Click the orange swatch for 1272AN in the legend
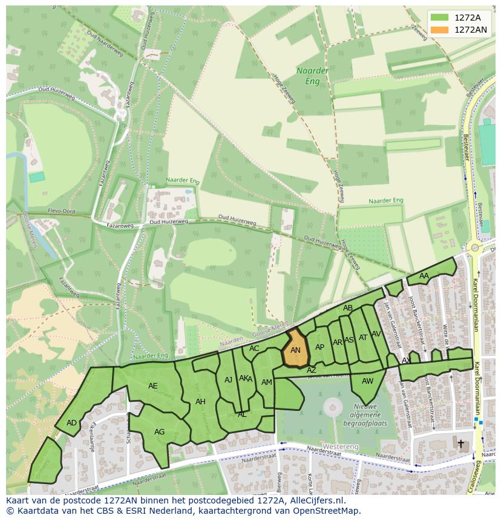tap(440, 30)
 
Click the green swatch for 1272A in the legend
tap(440, 18)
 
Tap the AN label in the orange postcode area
tap(295, 350)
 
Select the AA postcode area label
tap(424, 276)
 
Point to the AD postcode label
tap(71, 423)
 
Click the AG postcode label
tap(159, 432)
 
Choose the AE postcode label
tap(152, 386)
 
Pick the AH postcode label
tap(200, 402)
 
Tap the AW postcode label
tap(367, 381)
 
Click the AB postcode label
tap(348, 308)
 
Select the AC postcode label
tap(254, 349)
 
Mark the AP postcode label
tap(319, 347)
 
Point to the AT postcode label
tap(363, 338)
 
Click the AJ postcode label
tap(228, 380)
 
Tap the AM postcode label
tap(266, 382)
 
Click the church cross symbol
tap(460, 444)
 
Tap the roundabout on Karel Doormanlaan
tap(475, 247)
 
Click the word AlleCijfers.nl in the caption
tap(315, 501)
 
